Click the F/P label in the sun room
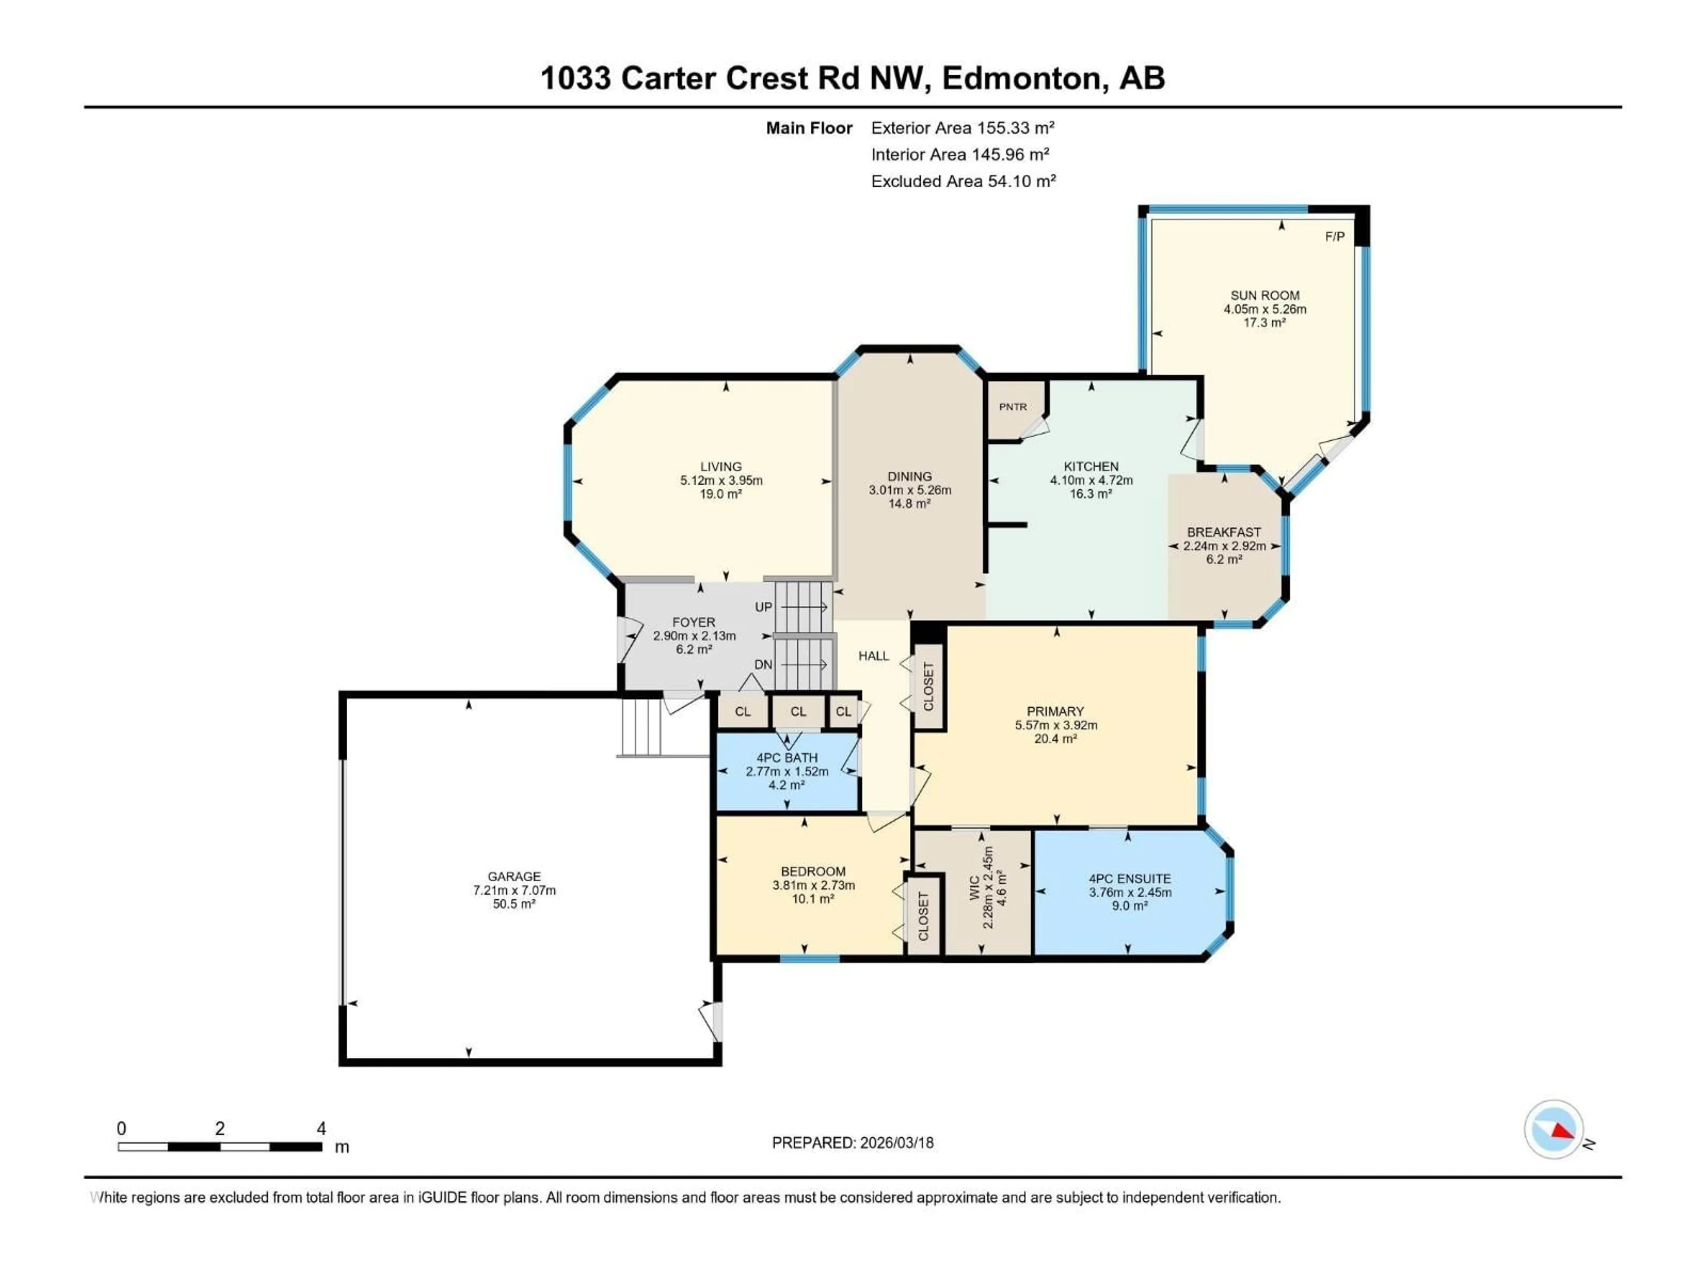point(1334,236)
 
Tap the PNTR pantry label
point(1013,407)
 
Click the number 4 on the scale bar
point(321,1128)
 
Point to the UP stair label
point(763,607)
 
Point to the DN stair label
point(763,665)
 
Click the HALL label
point(874,656)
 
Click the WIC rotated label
point(975,888)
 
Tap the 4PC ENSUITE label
point(1130,879)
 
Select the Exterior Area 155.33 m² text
point(962,128)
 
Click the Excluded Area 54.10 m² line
point(963,181)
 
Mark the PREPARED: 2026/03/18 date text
point(853,1143)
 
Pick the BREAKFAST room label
point(1224,532)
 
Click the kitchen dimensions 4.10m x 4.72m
point(1091,480)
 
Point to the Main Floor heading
point(809,128)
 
